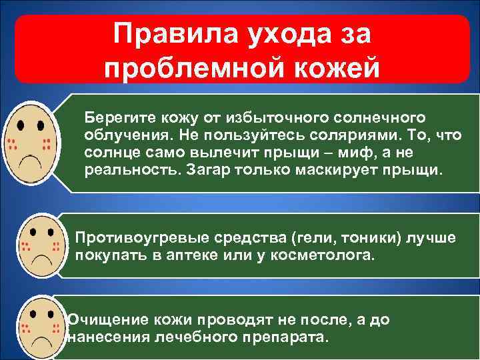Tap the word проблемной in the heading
[x=199, y=69]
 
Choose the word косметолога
[x=318, y=255]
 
